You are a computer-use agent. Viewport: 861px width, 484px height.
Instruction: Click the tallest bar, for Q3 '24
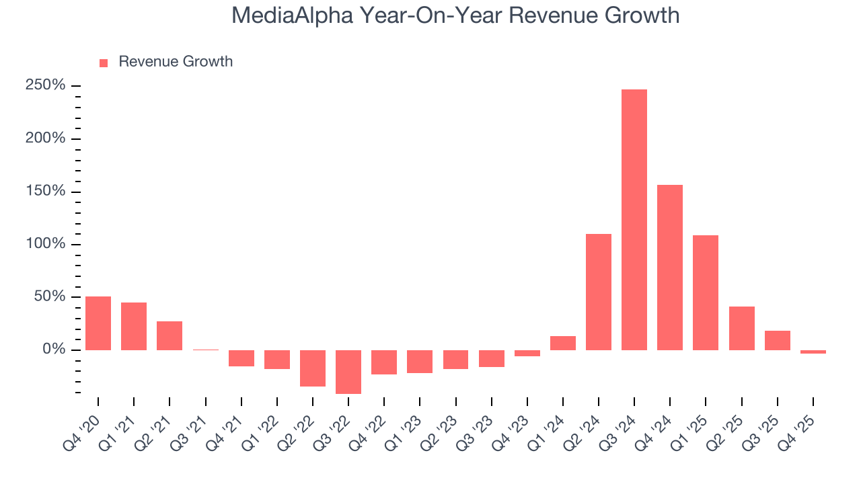(634, 220)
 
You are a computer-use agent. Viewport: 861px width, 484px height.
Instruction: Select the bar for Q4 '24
(669, 268)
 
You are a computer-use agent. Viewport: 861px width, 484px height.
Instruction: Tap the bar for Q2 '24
(598, 292)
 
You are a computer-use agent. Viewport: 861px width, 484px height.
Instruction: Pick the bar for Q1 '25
(706, 292)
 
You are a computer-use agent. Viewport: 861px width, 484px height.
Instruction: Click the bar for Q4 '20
(98, 323)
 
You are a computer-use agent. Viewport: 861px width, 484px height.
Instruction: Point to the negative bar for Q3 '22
(348, 372)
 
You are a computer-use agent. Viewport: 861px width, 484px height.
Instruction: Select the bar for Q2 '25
(741, 328)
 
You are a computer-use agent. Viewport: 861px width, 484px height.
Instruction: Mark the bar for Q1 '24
(562, 343)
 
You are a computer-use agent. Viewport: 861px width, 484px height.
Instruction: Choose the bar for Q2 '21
(170, 335)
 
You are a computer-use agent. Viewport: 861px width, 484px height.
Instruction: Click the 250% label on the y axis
(46, 85)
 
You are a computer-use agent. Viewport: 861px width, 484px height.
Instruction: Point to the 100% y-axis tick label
(46, 244)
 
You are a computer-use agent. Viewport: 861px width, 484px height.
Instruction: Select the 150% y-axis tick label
(46, 192)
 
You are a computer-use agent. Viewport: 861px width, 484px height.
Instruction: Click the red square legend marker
(104, 63)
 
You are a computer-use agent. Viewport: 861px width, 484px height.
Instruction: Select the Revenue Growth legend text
(176, 62)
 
